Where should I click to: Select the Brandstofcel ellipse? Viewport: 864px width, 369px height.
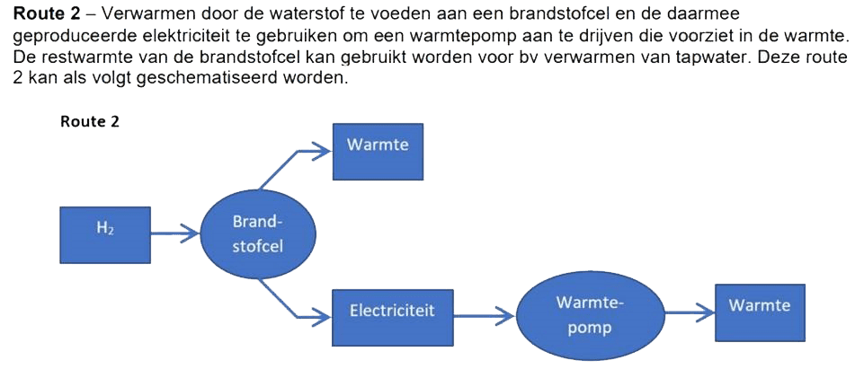pyautogui.click(x=258, y=233)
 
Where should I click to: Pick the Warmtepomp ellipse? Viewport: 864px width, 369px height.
pyautogui.click(x=590, y=315)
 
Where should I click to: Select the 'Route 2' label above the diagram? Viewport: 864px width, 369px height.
pyautogui.click(x=90, y=122)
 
